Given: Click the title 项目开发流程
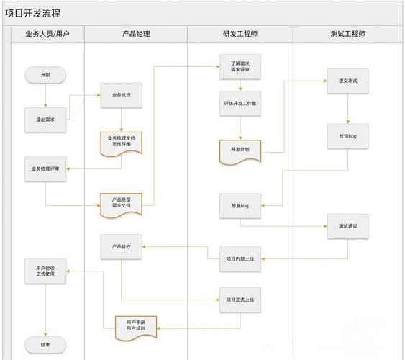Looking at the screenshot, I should point(33,13).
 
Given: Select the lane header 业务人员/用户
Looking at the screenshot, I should point(47,34).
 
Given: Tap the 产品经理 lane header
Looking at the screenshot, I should point(136,34).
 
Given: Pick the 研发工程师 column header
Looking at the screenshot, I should point(240,34).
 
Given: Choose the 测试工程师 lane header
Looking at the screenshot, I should point(348,34).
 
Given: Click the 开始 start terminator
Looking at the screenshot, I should point(45,74).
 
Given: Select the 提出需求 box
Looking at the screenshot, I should point(45,120).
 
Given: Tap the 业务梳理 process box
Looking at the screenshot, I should point(121,95).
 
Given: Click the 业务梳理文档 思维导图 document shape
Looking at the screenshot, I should point(121,141).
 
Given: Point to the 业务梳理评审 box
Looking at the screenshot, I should point(45,168).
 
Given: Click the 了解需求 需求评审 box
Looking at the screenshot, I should point(240,68).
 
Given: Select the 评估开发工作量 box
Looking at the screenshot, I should point(240,104).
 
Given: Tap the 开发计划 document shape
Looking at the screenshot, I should point(240,150).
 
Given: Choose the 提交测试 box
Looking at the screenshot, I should point(348,81).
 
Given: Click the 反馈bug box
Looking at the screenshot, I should point(348,135).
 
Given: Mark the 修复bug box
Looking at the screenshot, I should point(240,206).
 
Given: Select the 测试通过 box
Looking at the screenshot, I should point(348,226).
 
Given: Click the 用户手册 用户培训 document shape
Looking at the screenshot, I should point(135,325).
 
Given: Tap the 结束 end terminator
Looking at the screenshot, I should point(45,344).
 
